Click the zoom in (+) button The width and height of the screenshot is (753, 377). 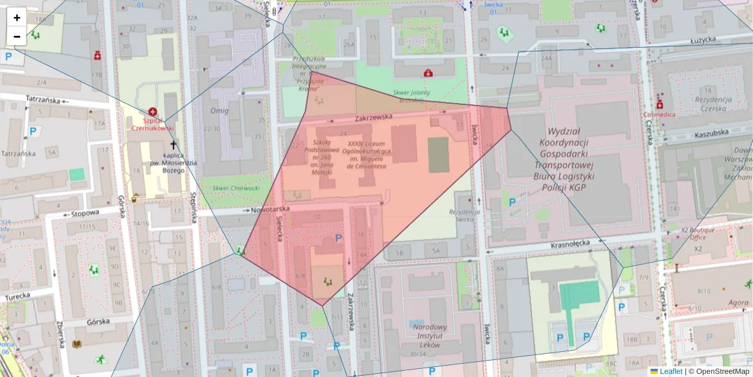click(16, 18)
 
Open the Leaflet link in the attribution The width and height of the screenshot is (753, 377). click(671, 371)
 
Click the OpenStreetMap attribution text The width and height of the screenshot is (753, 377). click(722, 371)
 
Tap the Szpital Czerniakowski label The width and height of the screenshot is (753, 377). click(149, 123)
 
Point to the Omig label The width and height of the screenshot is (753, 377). click(220, 111)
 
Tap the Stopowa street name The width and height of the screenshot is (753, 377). click(86, 214)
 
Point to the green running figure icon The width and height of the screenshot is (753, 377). click(100, 360)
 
